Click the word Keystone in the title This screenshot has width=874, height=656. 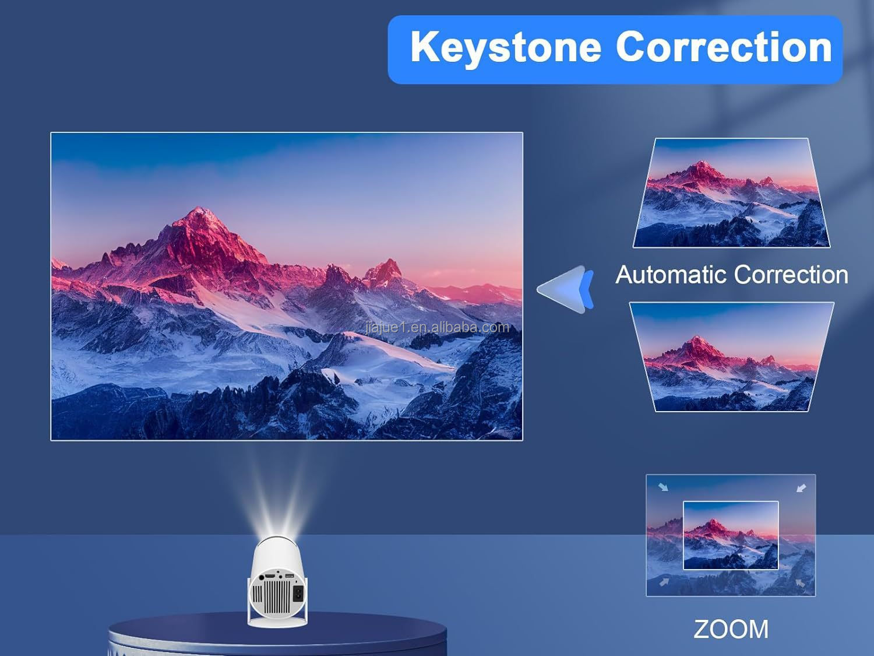click(505, 47)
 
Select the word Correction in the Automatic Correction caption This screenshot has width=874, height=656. click(790, 275)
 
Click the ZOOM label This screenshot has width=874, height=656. click(731, 629)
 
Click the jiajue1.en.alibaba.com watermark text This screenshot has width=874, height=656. click(438, 327)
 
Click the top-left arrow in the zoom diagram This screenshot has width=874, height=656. click(663, 487)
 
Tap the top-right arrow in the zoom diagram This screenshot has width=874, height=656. click(801, 487)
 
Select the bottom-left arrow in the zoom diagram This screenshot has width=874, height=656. click(664, 582)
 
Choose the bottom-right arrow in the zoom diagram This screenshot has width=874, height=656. click(801, 582)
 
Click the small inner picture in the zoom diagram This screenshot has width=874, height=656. click(731, 535)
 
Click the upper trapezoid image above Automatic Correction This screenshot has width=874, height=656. click(731, 192)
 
